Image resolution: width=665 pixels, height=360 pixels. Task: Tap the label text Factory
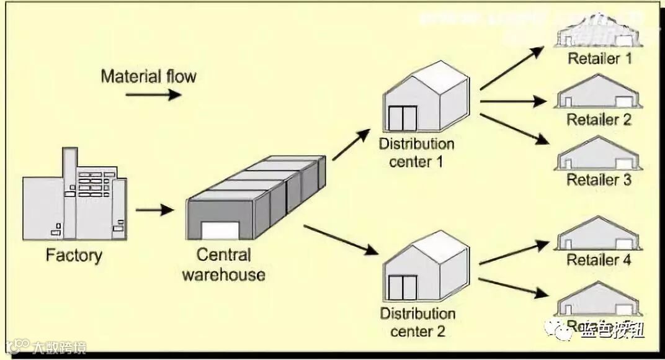point(74,255)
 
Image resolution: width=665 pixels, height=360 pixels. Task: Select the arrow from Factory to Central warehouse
point(154,210)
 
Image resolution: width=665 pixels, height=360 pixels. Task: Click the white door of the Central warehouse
point(220,231)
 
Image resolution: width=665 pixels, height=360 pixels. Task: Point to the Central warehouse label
point(224,264)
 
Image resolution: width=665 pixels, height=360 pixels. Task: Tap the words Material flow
point(148,76)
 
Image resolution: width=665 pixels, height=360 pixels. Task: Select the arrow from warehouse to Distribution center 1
point(351,145)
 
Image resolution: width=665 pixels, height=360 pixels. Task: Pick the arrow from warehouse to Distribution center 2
point(341,240)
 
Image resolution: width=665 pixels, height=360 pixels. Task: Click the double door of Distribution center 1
point(402,119)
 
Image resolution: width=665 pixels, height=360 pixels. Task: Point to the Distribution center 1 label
point(417,153)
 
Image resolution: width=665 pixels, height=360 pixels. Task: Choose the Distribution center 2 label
point(417,322)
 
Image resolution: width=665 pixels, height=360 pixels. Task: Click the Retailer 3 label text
point(599,181)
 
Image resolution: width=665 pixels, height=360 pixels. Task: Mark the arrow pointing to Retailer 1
point(512,69)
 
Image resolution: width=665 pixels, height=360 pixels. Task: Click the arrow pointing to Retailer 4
point(514,253)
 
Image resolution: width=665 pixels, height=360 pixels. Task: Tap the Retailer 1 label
point(599,60)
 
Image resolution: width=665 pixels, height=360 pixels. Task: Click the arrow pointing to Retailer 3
point(514,129)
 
